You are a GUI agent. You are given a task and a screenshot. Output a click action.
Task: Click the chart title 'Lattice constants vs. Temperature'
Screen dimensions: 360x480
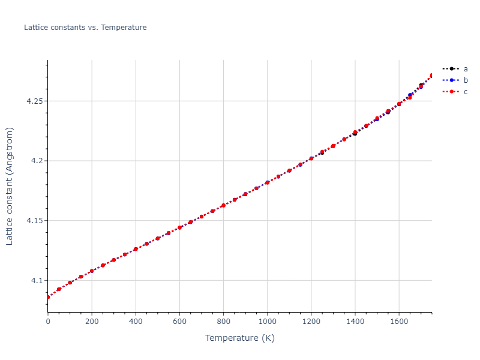(x=85, y=28)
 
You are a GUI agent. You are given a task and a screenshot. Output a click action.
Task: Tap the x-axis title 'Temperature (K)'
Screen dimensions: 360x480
(x=239, y=338)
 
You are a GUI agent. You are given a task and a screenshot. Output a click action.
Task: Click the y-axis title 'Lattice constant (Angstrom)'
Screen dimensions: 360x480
(x=10, y=186)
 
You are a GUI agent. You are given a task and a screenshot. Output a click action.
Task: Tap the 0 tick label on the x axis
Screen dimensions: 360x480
(x=48, y=322)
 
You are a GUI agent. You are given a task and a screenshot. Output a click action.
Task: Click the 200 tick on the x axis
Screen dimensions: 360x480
(x=92, y=322)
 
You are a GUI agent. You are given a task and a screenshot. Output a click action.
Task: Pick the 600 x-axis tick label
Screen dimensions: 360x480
(x=179, y=322)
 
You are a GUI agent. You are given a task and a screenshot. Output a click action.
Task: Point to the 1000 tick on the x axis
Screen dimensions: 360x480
(x=267, y=322)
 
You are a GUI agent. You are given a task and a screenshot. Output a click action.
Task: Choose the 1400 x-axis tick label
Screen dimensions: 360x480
(x=355, y=322)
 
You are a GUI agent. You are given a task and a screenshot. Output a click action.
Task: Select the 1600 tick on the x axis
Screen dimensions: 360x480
(x=398, y=322)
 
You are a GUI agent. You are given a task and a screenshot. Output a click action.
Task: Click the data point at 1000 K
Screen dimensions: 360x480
(x=267, y=182)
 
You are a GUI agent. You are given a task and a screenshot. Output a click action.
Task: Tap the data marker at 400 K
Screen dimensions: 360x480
(x=136, y=248)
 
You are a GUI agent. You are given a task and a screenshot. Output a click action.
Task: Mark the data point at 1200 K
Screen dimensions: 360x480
(x=311, y=158)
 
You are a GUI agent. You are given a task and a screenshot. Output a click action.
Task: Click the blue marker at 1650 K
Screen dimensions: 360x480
(x=410, y=95)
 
